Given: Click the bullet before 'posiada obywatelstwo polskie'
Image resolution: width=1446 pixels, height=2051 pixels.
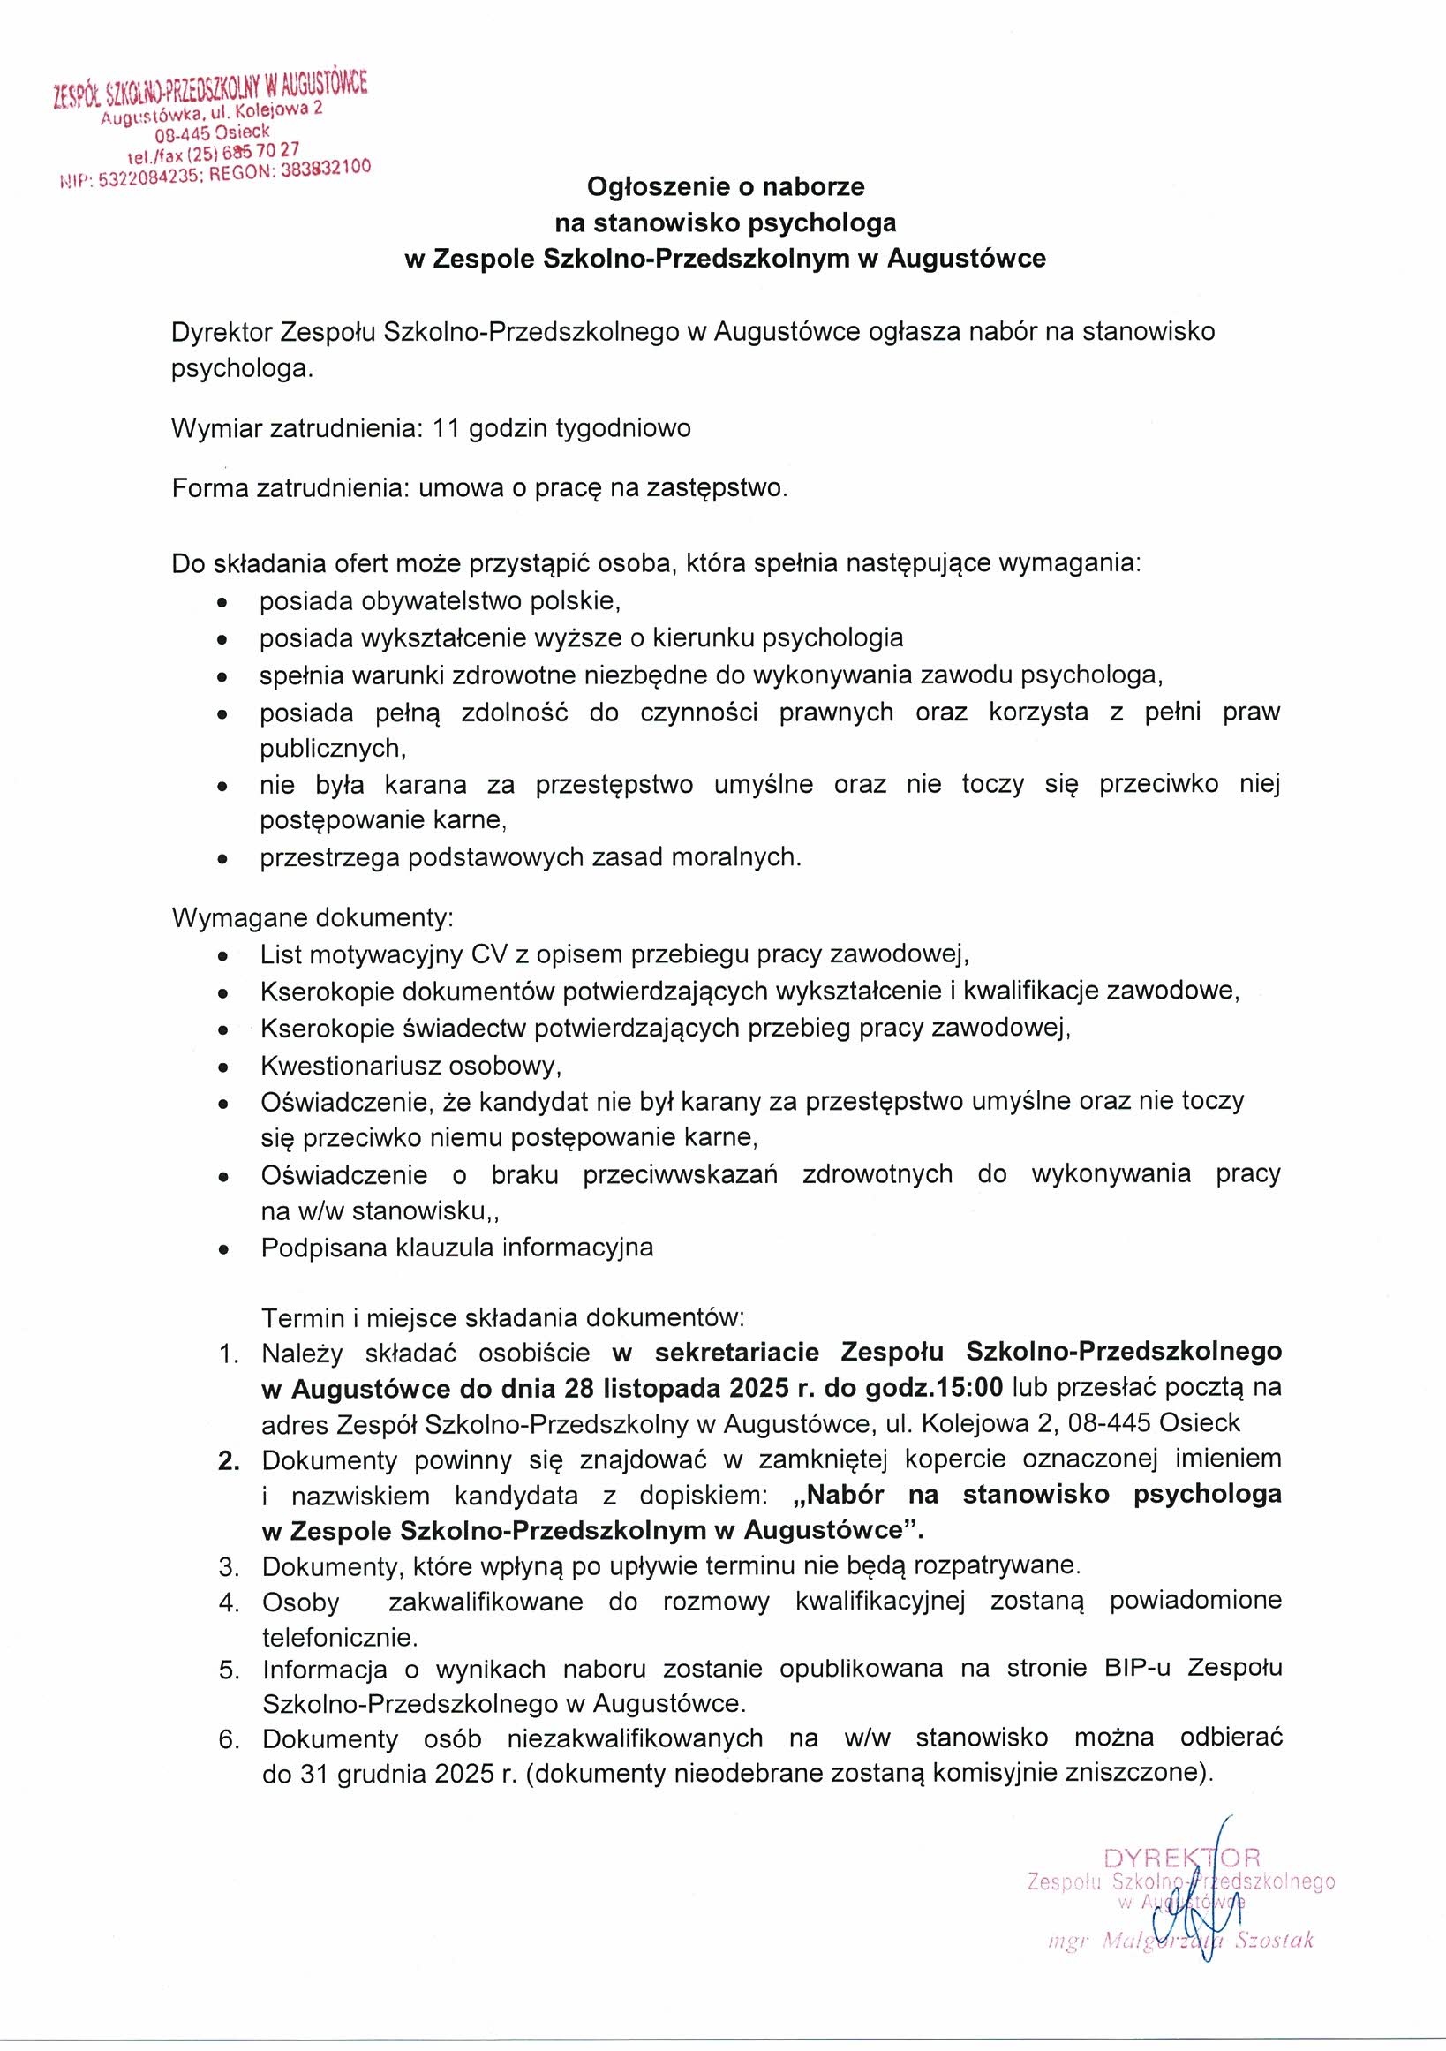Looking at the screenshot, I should pyautogui.click(x=222, y=604).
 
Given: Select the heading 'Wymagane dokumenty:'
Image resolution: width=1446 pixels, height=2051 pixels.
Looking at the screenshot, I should pyautogui.click(x=313, y=918).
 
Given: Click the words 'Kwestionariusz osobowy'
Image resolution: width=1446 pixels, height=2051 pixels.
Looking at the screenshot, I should pyautogui.click(x=410, y=1066).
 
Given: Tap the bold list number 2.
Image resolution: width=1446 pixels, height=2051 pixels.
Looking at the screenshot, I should pyautogui.click(x=229, y=1461).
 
